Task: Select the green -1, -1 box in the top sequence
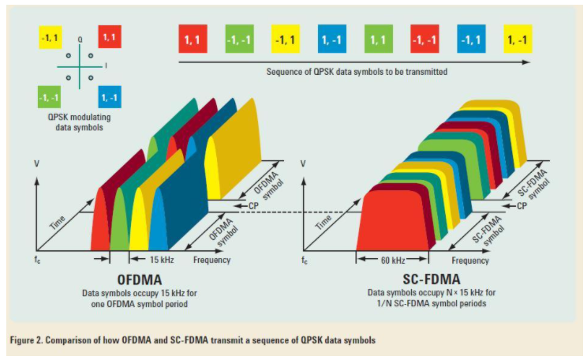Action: tap(237, 39)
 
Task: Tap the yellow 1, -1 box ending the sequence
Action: tap(518, 39)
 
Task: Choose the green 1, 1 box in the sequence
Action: tap(378, 39)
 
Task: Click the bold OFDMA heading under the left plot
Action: tap(141, 280)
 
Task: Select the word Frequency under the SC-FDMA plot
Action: tap(471, 259)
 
